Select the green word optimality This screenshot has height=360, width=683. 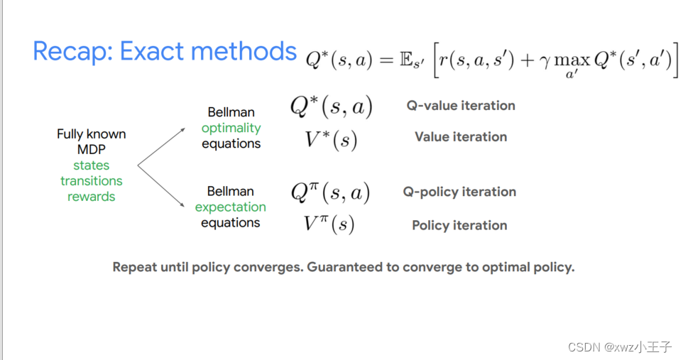tap(231, 128)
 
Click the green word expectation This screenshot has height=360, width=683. tap(231, 207)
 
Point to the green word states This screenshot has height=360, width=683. tap(92, 165)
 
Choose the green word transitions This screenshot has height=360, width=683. tap(92, 181)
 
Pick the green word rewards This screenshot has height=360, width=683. tap(92, 197)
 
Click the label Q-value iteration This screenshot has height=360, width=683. tap(461, 106)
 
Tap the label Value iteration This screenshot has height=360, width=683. tap(461, 137)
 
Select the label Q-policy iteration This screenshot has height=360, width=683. tap(459, 192)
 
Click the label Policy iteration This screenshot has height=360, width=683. tap(459, 225)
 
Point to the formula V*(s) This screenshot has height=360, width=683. tap(331, 140)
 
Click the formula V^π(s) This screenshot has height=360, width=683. tap(329, 224)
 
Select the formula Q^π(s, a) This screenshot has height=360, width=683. tap(331, 192)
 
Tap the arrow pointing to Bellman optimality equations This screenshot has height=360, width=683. tap(162, 147)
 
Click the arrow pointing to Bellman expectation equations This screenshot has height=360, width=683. tap(161, 186)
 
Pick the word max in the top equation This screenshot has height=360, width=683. tap(572, 61)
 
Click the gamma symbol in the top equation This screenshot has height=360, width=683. tap(545, 62)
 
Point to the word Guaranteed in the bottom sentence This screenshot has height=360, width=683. tap(344, 267)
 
